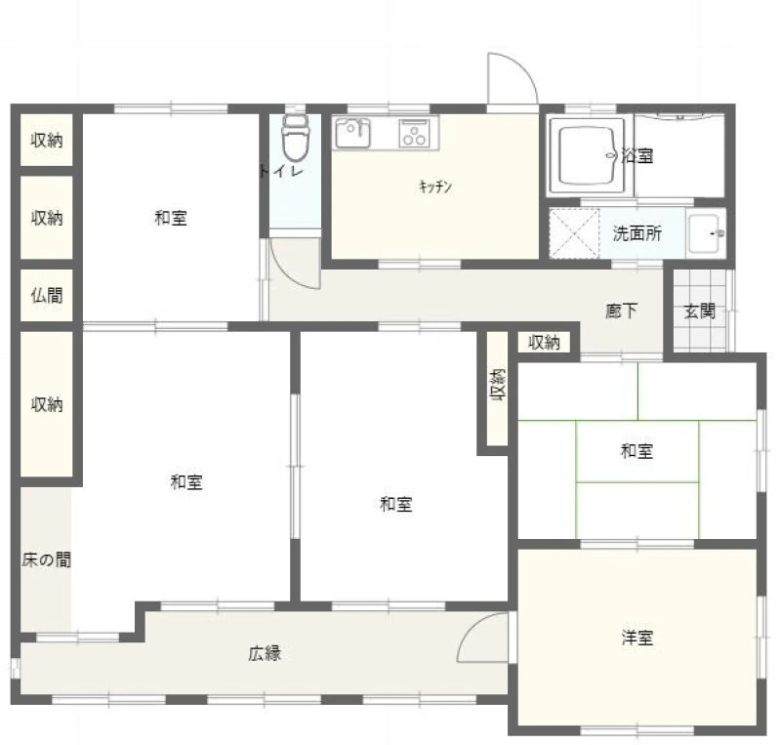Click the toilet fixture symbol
[296, 136]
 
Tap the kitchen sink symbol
[352, 134]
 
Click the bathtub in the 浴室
[587, 155]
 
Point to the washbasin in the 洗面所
[705, 233]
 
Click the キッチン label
[435, 186]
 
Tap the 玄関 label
[699, 311]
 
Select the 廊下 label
[622, 311]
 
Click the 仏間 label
[47, 296]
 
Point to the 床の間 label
[46, 560]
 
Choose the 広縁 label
[265, 653]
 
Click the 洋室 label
[637, 638]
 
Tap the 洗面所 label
[637, 233]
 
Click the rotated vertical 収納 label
[498, 386]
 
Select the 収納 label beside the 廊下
[544, 343]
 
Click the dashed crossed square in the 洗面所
[574, 233]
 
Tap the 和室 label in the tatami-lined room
[637, 451]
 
